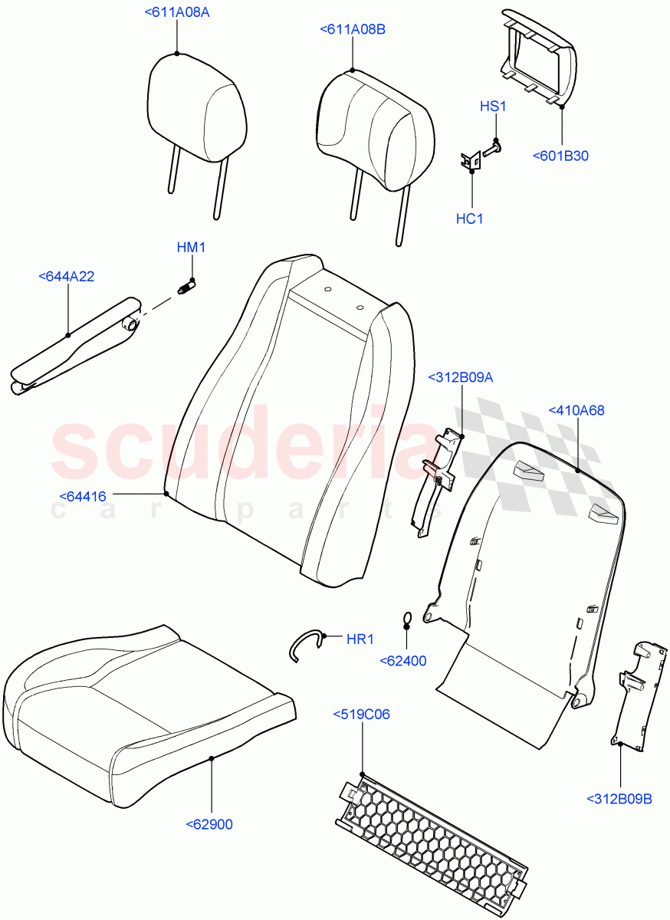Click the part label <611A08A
click(x=176, y=12)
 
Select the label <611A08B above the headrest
click(x=352, y=30)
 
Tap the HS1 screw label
click(x=493, y=107)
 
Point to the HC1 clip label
click(x=470, y=219)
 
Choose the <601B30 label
click(x=560, y=156)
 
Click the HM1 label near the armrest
click(x=192, y=247)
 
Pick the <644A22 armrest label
click(x=66, y=276)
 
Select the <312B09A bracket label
click(x=461, y=376)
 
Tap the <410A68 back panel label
click(x=576, y=410)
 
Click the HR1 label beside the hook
click(x=360, y=639)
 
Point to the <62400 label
click(x=402, y=661)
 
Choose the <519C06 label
click(x=361, y=715)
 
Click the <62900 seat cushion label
click(x=209, y=824)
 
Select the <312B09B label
click(x=619, y=800)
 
